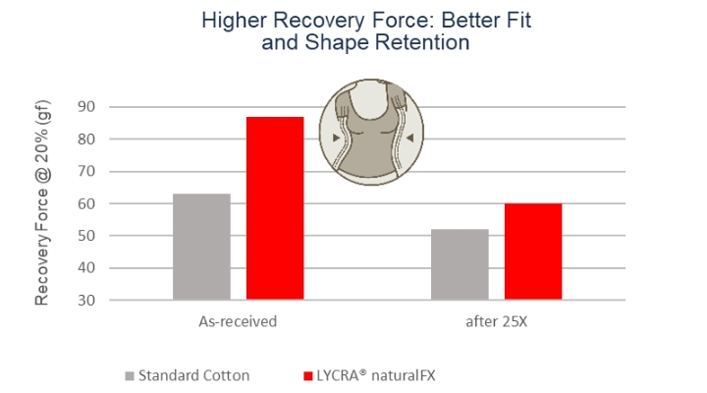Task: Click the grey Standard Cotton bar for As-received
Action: click(x=201, y=247)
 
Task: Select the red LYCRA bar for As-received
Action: click(x=275, y=207)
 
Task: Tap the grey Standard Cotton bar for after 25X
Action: click(x=460, y=264)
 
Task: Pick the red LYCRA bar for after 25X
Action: click(x=533, y=252)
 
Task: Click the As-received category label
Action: click(x=238, y=321)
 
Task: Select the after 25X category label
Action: click(x=496, y=321)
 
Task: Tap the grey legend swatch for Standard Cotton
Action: click(x=130, y=375)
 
